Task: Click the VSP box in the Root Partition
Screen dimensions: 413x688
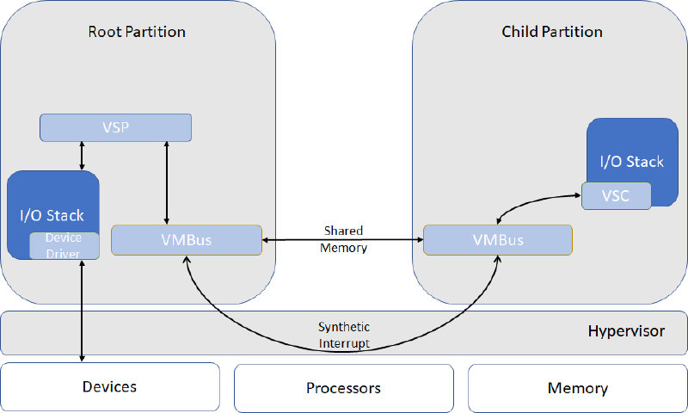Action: click(x=115, y=127)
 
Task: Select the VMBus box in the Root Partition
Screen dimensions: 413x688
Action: click(x=186, y=240)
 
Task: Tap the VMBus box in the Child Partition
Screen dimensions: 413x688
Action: click(x=498, y=240)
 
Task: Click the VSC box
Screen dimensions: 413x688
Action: click(x=615, y=195)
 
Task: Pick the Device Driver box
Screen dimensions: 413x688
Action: click(x=64, y=245)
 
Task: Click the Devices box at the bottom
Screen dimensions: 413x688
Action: click(x=109, y=387)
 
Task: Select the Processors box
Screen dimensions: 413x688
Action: click(x=343, y=388)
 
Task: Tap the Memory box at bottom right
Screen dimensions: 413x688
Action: click(x=577, y=388)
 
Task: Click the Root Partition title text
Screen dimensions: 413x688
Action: click(x=137, y=32)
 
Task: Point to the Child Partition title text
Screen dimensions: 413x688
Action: click(x=552, y=32)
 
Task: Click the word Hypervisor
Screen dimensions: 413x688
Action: click(x=626, y=331)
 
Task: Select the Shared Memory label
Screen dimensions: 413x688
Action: click(x=343, y=239)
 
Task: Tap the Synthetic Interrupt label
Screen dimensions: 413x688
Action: click(x=343, y=335)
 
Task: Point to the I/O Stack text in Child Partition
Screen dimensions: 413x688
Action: click(x=631, y=162)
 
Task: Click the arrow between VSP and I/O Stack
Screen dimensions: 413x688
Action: click(x=82, y=156)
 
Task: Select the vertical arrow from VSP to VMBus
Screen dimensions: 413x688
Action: click(x=166, y=182)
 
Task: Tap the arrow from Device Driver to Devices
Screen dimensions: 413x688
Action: click(x=82, y=310)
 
